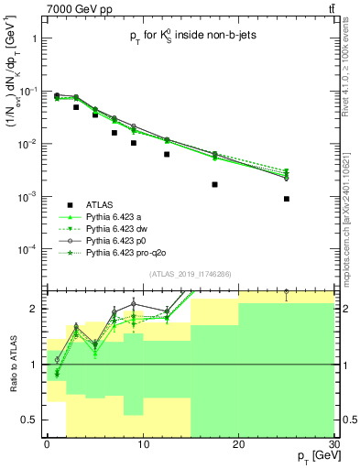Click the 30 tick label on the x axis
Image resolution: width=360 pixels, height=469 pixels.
click(x=334, y=443)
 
